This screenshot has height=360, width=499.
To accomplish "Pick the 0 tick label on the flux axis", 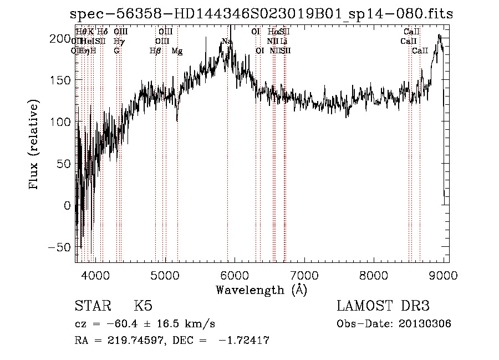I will point(68,205).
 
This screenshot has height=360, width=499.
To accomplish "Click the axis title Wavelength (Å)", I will point(261,290).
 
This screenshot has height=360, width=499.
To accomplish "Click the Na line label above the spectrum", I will point(227,42).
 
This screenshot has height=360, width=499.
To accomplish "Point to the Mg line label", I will point(177,51).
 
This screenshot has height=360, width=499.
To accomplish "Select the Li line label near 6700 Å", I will point(283,42).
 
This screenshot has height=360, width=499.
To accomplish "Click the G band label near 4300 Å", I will point(116,51).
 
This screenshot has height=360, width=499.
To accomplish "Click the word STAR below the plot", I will point(93,306).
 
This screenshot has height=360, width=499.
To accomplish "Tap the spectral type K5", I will point(143,306).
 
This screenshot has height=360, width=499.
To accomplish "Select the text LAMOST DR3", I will point(383,306).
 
